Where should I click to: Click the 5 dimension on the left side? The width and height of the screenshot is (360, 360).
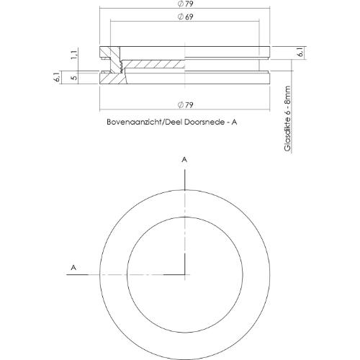73,76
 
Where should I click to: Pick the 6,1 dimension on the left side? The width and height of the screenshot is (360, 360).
58,76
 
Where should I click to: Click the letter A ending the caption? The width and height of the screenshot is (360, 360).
234,122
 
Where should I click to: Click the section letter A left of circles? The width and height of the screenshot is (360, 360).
73,267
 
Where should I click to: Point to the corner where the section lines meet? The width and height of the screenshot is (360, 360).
185,274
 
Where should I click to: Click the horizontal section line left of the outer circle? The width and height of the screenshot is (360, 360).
90,274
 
